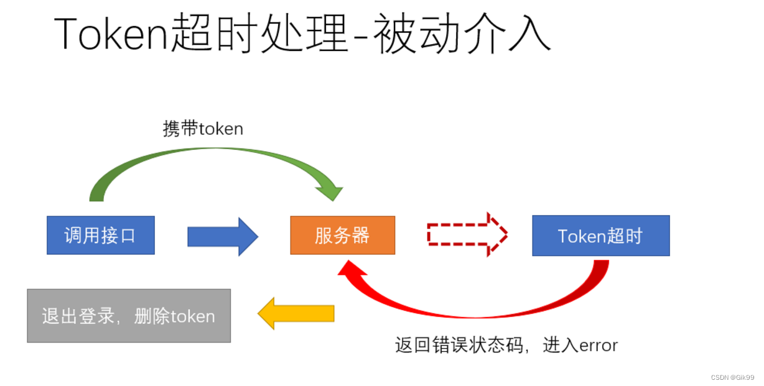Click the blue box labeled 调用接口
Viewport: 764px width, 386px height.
100,235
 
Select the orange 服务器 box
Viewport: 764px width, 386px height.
342,235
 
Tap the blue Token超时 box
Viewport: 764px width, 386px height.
600,236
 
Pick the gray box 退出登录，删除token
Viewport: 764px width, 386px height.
129,316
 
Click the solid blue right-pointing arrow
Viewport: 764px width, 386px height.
222,236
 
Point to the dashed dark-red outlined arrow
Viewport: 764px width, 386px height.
467,234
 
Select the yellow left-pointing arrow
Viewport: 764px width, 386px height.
296,313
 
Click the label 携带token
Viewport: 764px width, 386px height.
203,129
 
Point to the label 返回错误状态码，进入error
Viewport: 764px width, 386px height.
506,345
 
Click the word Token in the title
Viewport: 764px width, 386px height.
111,34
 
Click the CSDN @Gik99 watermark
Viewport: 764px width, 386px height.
732,377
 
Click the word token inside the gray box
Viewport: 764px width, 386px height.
193,316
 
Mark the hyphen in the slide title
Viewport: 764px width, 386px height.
360,39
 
